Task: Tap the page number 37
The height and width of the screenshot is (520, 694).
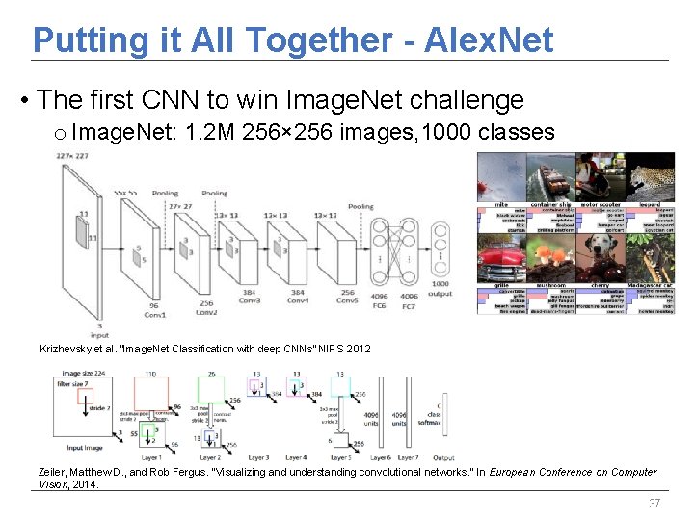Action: click(x=654, y=504)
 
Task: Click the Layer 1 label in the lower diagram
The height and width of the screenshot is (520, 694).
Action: click(x=152, y=457)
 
